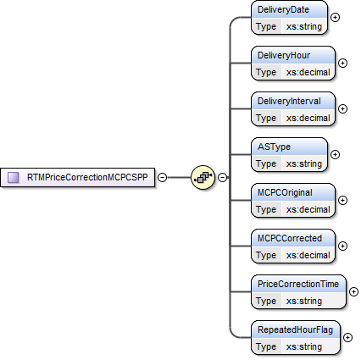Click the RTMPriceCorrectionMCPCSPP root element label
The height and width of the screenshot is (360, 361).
[x=88, y=177]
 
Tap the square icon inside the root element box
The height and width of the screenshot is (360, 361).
[x=14, y=177]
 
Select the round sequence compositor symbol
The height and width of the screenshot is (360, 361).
[x=203, y=177]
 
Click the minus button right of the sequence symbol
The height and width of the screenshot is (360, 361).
[x=222, y=177]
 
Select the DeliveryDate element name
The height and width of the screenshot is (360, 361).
[x=282, y=10]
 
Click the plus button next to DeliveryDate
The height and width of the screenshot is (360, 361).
[x=335, y=16]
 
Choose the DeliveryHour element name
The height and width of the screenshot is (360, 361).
[x=283, y=56]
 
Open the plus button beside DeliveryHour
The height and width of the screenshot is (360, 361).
[x=342, y=62]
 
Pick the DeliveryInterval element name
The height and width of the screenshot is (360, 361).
[x=288, y=102]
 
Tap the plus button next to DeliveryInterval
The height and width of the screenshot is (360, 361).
[x=342, y=108]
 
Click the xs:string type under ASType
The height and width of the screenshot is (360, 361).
[x=303, y=163]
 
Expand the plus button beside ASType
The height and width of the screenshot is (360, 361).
[x=335, y=154]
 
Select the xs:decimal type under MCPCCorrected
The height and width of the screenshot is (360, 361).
[x=307, y=255]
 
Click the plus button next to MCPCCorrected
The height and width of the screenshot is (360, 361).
[x=342, y=246]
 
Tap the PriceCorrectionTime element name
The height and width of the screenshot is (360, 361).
[x=301, y=285]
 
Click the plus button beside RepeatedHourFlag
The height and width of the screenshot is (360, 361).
[x=347, y=337]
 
